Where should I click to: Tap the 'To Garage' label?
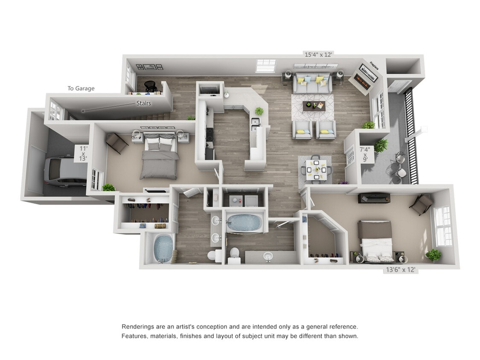81,88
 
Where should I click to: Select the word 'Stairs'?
143,103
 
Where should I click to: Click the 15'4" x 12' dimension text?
318,54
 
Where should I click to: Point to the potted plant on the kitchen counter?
259,111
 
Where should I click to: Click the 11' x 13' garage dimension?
83,154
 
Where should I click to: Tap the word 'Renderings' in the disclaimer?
137,326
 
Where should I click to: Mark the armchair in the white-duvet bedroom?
422,204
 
